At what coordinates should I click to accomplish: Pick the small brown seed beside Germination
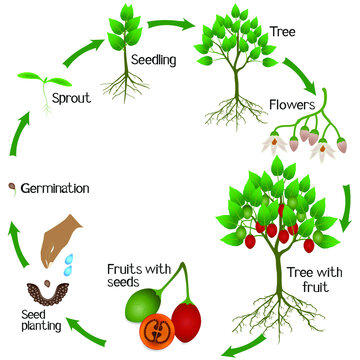coord(11,186)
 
